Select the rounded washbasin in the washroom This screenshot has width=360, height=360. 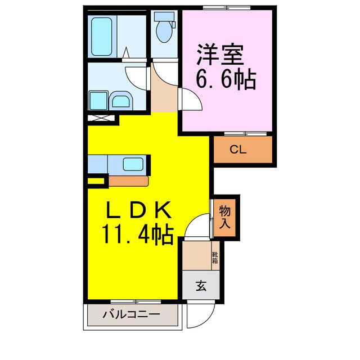click(x=120, y=101)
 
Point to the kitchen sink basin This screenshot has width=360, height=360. click(x=133, y=165)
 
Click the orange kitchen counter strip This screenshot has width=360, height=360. click(x=128, y=181)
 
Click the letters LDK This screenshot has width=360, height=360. click(x=138, y=210)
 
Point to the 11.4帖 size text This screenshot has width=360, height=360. click(x=137, y=232)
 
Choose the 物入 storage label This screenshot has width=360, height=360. click(x=224, y=217)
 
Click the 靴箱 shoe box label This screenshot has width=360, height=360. click(x=215, y=258)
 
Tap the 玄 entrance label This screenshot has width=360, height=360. click(x=200, y=286)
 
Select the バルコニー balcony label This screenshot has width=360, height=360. click(x=130, y=315)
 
